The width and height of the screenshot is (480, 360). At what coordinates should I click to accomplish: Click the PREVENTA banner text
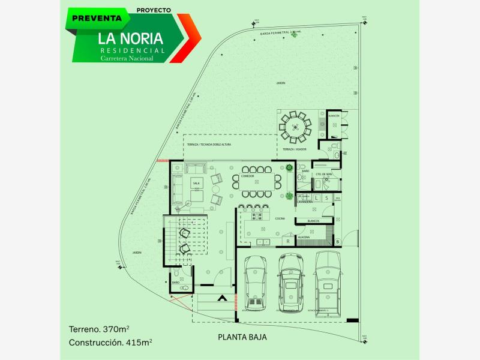(x=97, y=18)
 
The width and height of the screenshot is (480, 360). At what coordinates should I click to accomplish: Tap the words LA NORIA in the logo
(x=131, y=38)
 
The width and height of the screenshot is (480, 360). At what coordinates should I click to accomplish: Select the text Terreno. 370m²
(x=100, y=329)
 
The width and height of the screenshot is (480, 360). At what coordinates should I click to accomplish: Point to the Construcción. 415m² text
(x=109, y=343)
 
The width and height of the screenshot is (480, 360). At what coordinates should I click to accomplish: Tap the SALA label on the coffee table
(x=196, y=183)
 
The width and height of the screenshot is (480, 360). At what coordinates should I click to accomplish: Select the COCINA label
(x=263, y=219)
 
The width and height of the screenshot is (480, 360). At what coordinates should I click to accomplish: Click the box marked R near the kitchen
(x=289, y=241)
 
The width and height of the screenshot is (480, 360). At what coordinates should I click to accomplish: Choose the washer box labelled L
(x=316, y=197)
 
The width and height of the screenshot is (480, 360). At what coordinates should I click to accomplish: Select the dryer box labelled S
(x=326, y=197)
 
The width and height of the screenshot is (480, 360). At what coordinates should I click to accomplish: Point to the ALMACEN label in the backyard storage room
(x=334, y=115)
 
